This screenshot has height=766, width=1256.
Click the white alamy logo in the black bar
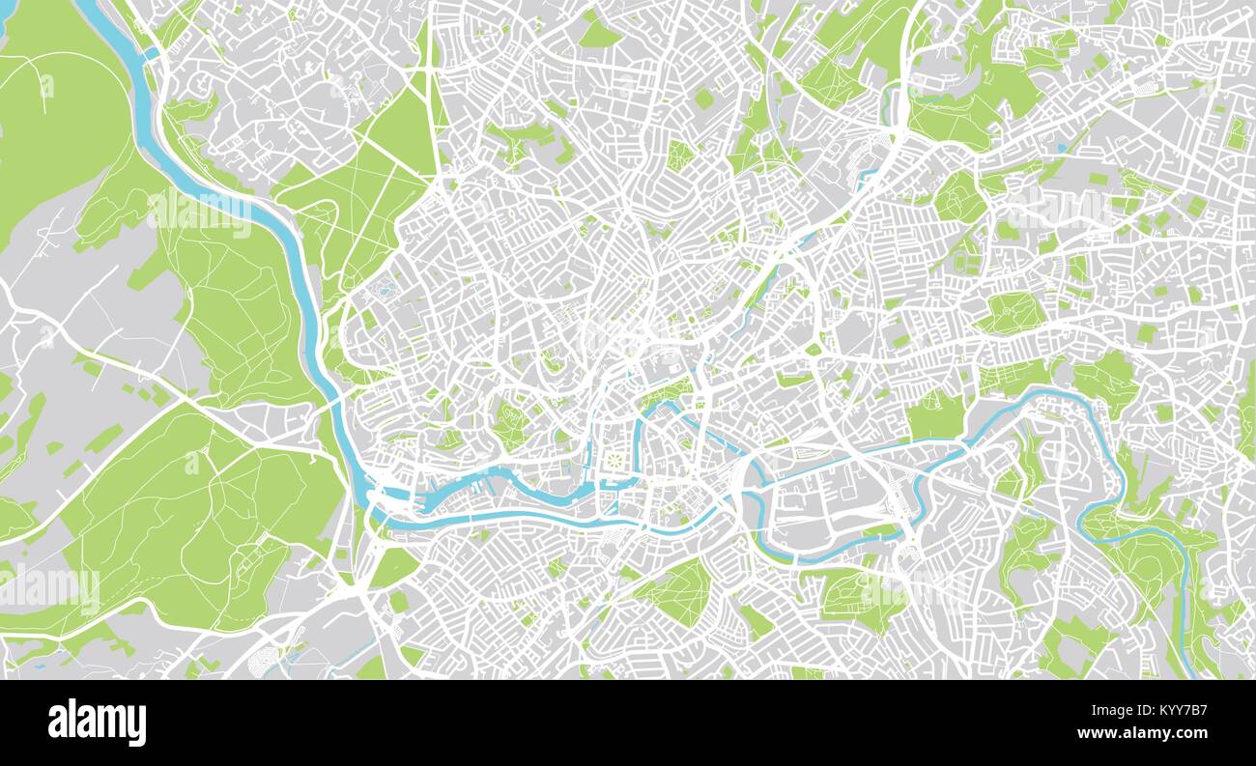coord(97,723)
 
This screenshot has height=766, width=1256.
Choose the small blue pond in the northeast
coord(1063,148)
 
